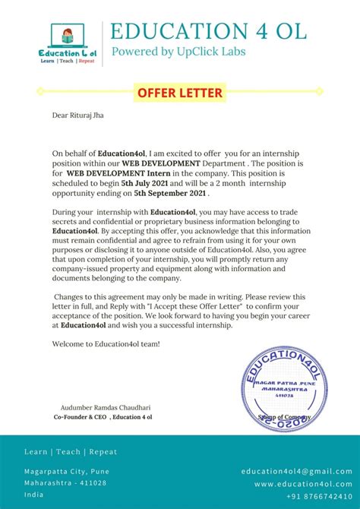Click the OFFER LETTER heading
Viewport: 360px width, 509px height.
[x=180, y=93]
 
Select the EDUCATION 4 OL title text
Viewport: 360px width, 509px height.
[x=208, y=31]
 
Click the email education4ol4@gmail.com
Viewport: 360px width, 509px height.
[x=298, y=472]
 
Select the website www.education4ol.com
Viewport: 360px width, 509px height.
[x=304, y=484]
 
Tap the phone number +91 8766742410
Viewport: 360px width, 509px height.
[x=320, y=496]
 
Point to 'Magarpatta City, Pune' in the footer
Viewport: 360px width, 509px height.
[x=67, y=472]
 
